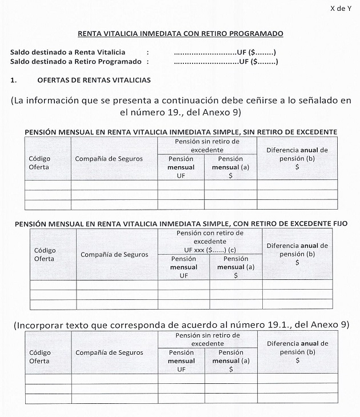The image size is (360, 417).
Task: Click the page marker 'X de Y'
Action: tap(341, 8)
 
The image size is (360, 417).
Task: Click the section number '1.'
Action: tap(14, 80)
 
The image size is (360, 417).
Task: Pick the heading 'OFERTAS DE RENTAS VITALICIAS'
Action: tap(94, 80)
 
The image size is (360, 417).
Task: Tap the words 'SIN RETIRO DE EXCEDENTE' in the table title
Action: tap(285, 132)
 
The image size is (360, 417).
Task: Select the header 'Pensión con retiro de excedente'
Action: tap(210, 237)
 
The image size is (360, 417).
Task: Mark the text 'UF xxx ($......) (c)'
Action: tap(210, 250)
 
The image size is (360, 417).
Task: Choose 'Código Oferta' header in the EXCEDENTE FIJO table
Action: tap(45, 254)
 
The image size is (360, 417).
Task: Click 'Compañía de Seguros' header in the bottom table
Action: tap(109, 352)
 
